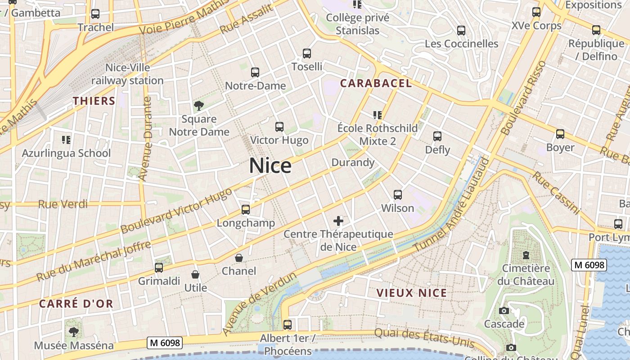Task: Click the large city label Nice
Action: (270, 166)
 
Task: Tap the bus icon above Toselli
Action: (307, 54)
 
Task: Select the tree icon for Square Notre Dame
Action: (198, 106)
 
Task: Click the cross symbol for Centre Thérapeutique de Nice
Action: (338, 221)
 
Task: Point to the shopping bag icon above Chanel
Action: (239, 258)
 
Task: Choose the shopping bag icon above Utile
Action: (195, 274)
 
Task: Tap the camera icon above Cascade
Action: (504, 310)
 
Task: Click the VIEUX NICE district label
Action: (412, 293)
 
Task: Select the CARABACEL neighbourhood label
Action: (376, 83)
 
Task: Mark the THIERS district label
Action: (94, 101)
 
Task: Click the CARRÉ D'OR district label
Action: (76, 304)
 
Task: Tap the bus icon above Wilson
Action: (398, 195)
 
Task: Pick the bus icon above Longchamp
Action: (246, 210)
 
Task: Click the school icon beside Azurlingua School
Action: (66, 140)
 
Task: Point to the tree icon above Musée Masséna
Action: (74, 332)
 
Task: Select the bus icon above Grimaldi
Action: (159, 268)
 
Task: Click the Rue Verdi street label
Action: (63, 204)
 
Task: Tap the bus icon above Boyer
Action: (560, 134)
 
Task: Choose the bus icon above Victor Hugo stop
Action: (279, 127)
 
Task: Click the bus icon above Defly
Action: (437, 136)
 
